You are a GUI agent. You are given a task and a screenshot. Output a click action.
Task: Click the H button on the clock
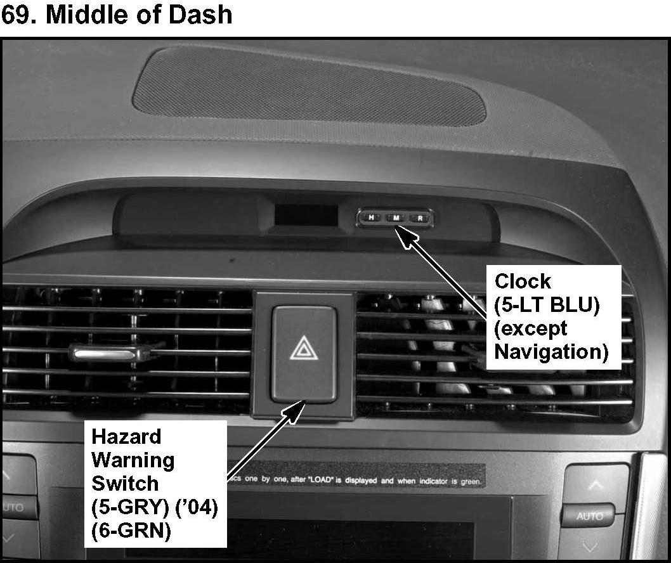tap(371, 218)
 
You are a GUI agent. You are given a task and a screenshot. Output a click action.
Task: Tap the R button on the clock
tap(420, 218)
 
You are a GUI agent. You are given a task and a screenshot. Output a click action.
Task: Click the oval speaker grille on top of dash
tap(309, 86)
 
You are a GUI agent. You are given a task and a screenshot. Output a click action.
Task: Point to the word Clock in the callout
tap(523, 281)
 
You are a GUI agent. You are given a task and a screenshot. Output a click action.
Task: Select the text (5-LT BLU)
tap(547, 305)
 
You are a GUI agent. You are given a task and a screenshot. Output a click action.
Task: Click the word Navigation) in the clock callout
tap(551, 351)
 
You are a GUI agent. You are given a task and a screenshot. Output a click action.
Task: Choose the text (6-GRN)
tap(131, 529)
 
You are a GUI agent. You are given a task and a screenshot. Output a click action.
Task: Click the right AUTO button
tap(589, 516)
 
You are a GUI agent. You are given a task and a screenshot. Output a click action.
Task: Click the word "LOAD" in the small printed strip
tap(312, 481)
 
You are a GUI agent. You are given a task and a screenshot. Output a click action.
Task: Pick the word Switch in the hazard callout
tap(125, 483)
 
